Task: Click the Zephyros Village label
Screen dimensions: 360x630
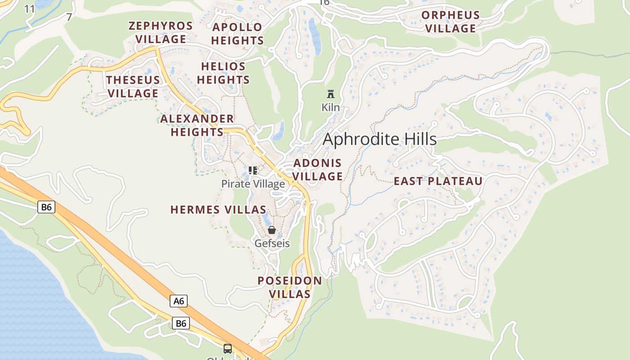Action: [x=161, y=32]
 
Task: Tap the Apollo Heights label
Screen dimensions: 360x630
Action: [x=237, y=34]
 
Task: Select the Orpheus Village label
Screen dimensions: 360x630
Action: [x=450, y=22]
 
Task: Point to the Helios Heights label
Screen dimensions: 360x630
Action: [x=223, y=73]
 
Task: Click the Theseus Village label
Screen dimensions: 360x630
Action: [x=133, y=87]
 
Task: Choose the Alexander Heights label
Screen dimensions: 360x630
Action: [x=197, y=126]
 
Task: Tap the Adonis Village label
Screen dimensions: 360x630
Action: [x=318, y=170]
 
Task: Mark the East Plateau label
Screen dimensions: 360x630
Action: [x=438, y=181]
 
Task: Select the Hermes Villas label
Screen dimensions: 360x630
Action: [x=218, y=210]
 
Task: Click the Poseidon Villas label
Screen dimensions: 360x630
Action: [x=290, y=288]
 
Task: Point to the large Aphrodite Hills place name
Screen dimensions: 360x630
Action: [x=380, y=139]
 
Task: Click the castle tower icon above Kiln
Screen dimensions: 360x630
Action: [x=331, y=94]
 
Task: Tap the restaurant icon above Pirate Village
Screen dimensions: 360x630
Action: [x=253, y=171]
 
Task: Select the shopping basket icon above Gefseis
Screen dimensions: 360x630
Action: [x=272, y=230]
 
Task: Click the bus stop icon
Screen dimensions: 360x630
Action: [x=228, y=348]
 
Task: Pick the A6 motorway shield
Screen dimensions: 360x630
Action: [x=179, y=301]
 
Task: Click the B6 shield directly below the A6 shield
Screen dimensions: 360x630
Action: [x=180, y=323]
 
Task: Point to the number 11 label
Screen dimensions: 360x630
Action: [x=29, y=9]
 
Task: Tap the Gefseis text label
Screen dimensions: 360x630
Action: [x=272, y=243]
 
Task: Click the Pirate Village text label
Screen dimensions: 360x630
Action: [x=253, y=184]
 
